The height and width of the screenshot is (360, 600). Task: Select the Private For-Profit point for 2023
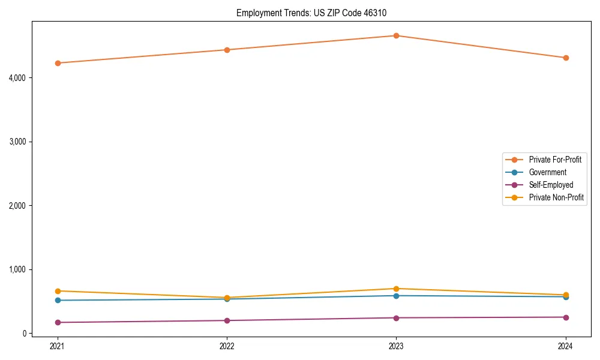(396, 35)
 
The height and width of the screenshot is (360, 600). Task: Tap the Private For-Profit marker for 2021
(58, 63)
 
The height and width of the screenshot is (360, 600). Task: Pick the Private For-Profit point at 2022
(227, 50)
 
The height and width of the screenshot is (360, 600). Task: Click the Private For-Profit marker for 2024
(566, 58)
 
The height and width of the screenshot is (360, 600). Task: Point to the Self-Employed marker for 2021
(58, 322)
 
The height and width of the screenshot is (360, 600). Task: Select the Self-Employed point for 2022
(227, 320)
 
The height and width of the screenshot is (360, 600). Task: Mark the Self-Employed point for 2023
(396, 318)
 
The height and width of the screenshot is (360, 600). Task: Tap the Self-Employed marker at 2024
(566, 317)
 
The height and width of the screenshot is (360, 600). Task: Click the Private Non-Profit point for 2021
(58, 291)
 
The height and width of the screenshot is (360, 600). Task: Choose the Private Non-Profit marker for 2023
(396, 289)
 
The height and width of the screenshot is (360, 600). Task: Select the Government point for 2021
(58, 300)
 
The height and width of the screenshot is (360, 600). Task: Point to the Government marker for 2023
(396, 296)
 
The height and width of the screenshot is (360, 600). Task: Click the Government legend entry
(547, 172)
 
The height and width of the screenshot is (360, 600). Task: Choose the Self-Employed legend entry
(551, 185)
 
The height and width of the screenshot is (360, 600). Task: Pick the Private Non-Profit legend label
(556, 197)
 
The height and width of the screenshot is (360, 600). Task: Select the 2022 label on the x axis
(227, 346)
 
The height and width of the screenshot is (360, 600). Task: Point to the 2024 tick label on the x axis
(566, 346)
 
